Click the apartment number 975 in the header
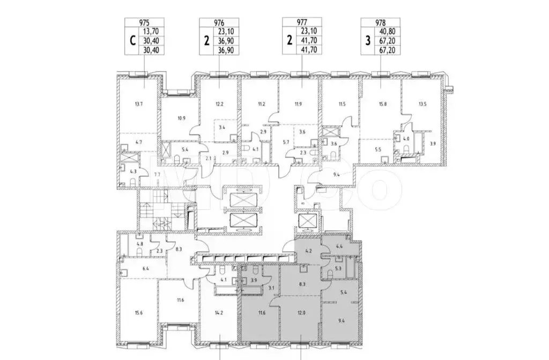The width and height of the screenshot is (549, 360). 144,22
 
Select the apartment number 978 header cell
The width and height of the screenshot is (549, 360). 380,22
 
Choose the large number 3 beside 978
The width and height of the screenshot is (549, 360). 367,41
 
